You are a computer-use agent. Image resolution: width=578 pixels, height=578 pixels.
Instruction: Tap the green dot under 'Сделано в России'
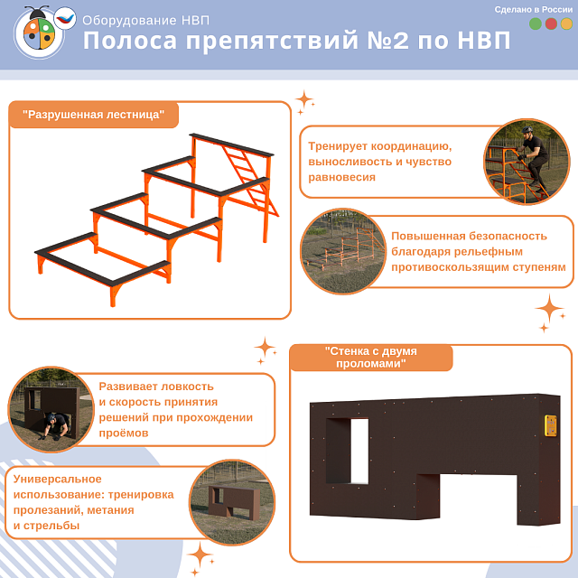[x=536, y=24]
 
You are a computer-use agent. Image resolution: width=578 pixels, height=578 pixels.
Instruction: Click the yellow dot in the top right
[x=566, y=24]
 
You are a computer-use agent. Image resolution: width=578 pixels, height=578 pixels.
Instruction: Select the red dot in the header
[x=551, y=24]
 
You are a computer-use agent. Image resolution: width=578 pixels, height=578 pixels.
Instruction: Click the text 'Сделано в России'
[x=533, y=9]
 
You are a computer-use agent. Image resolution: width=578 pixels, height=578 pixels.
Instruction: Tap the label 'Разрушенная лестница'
[x=94, y=115]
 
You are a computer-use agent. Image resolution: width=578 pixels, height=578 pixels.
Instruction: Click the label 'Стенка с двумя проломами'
[x=370, y=356]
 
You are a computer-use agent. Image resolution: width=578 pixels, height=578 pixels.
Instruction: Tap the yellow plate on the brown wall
[x=549, y=426]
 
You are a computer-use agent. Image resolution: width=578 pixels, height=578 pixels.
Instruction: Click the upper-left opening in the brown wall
[x=347, y=451]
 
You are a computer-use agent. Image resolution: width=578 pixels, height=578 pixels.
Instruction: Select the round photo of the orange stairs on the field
[x=342, y=251]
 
